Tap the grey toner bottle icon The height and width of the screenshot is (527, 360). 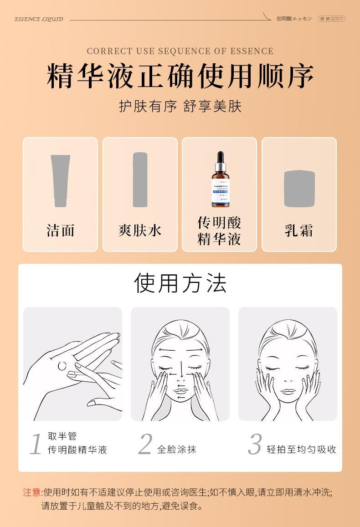(x=140, y=180)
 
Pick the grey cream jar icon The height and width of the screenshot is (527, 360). (x=299, y=189)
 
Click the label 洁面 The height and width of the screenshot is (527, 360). (x=61, y=230)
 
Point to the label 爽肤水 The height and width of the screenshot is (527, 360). (x=140, y=230)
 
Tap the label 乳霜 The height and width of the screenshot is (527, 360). (x=299, y=230)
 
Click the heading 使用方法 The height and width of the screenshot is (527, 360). (x=180, y=283)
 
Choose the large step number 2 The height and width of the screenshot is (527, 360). (x=145, y=444)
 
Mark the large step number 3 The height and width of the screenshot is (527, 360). (x=255, y=444)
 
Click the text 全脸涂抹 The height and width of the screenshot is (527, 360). (x=177, y=450)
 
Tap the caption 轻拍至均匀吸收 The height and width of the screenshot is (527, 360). (x=302, y=450)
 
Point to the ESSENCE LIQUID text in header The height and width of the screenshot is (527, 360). (x=39, y=19)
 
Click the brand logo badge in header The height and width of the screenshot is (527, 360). (x=331, y=19)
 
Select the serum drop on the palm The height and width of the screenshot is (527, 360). (x=63, y=365)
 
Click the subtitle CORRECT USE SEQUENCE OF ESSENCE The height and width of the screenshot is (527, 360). (x=180, y=51)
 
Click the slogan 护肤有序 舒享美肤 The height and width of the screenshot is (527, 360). (x=180, y=107)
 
